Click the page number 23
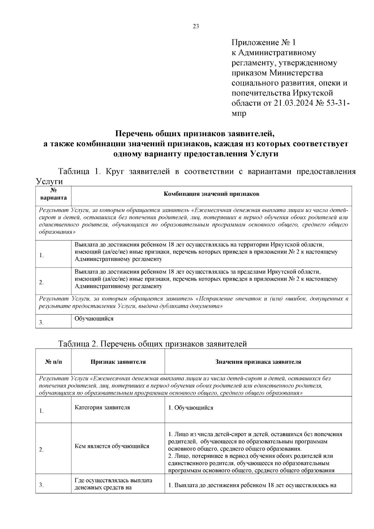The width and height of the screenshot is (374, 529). (196, 26)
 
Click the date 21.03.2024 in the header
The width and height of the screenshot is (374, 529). (293, 103)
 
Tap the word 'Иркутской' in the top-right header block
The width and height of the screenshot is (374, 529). (313, 93)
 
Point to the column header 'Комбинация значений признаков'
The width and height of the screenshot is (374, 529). (211, 194)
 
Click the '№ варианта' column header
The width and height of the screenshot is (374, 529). (53, 194)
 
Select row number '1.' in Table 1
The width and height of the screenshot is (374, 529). (41, 256)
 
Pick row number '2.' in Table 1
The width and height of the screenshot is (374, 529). (41, 283)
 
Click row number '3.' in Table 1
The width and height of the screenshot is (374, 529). (41, 323)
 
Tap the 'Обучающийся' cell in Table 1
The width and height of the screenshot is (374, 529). (94, 319)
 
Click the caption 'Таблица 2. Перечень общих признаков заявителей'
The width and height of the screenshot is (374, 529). (152, 344)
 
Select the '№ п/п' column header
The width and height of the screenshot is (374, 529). (53, 362)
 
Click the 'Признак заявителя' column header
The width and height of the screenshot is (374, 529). (118, 362)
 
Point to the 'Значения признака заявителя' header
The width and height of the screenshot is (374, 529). (258, 362)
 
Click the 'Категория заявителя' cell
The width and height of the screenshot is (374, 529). (103, 407)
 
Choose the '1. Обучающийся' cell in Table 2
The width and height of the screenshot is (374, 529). (190, 408)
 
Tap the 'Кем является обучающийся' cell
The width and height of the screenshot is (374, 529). (112, 446)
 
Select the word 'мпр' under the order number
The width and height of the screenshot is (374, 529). (239, 113)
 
